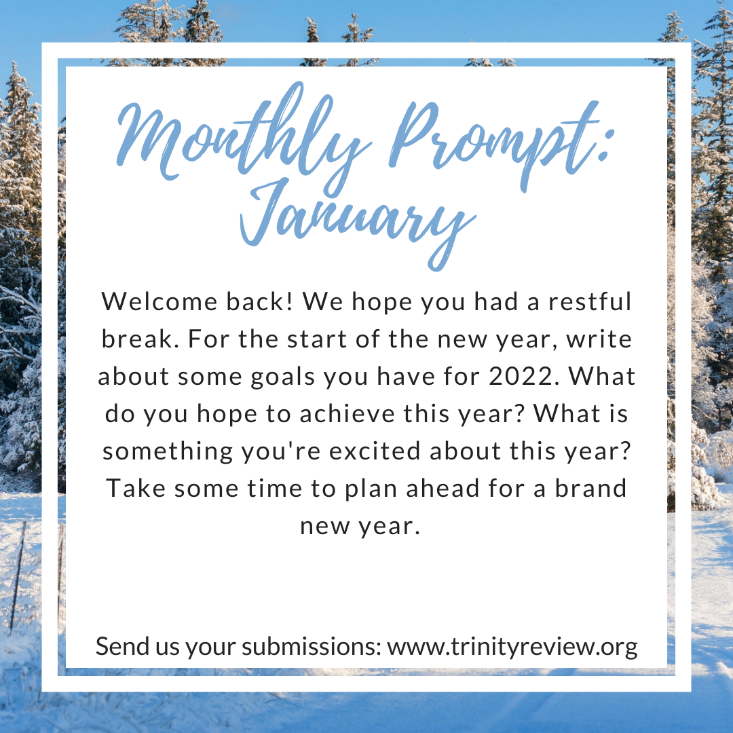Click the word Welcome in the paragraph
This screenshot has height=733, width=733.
click(159, 301)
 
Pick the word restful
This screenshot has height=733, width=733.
click(590, 301)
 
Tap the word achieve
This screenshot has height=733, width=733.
click(347, 414)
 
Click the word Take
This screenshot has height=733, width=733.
click(136, 489)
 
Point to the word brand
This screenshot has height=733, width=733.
click(591, 489)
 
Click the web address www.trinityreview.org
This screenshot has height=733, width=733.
click(512, 647)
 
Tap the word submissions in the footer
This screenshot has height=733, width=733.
click(312, 647)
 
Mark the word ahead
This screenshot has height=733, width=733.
click(443, 489)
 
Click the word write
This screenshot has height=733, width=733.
click(599, 339)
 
